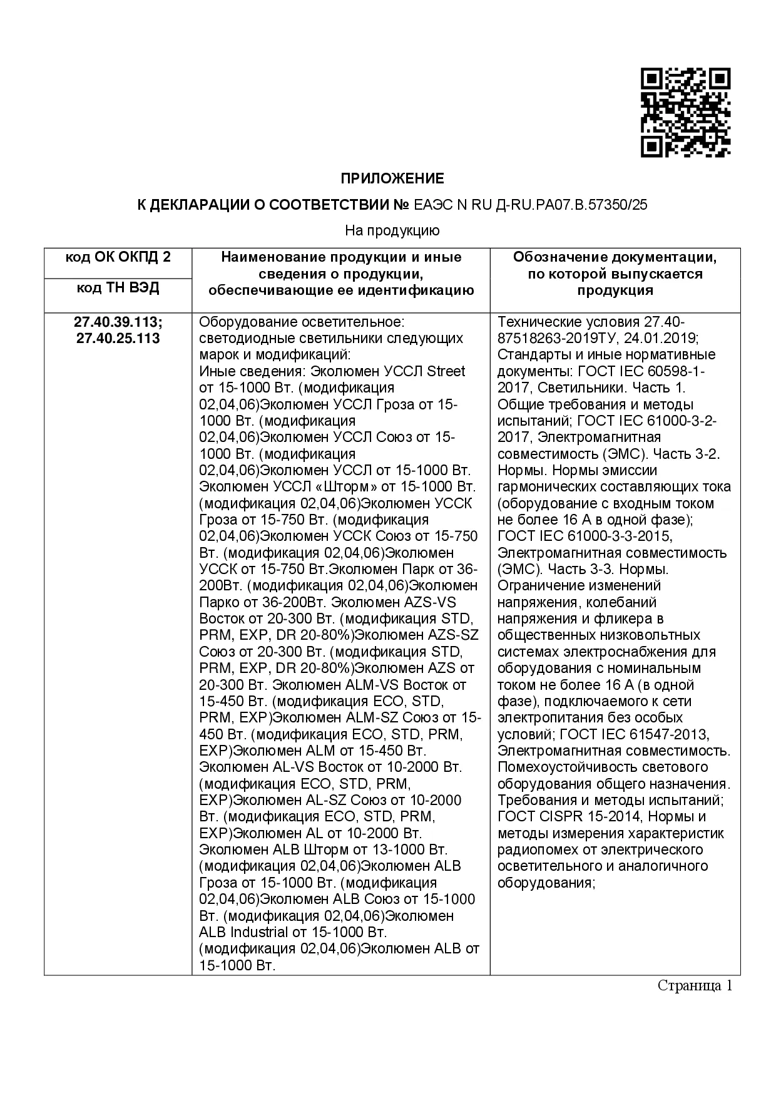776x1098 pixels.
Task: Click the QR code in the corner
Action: point(685,113)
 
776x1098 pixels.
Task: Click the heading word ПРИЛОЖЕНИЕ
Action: point(392,179)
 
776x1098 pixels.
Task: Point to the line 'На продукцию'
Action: point(392,230)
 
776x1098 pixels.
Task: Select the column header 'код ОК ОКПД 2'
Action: point(118,257)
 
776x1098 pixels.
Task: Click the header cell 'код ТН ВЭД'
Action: point(118,288)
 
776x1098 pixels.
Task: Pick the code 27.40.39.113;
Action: point(118,322)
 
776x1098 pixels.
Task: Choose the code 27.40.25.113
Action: point(118,339)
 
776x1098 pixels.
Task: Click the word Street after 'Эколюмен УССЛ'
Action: point(446,371)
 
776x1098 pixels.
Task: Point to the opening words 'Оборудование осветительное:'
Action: point(302,322)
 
